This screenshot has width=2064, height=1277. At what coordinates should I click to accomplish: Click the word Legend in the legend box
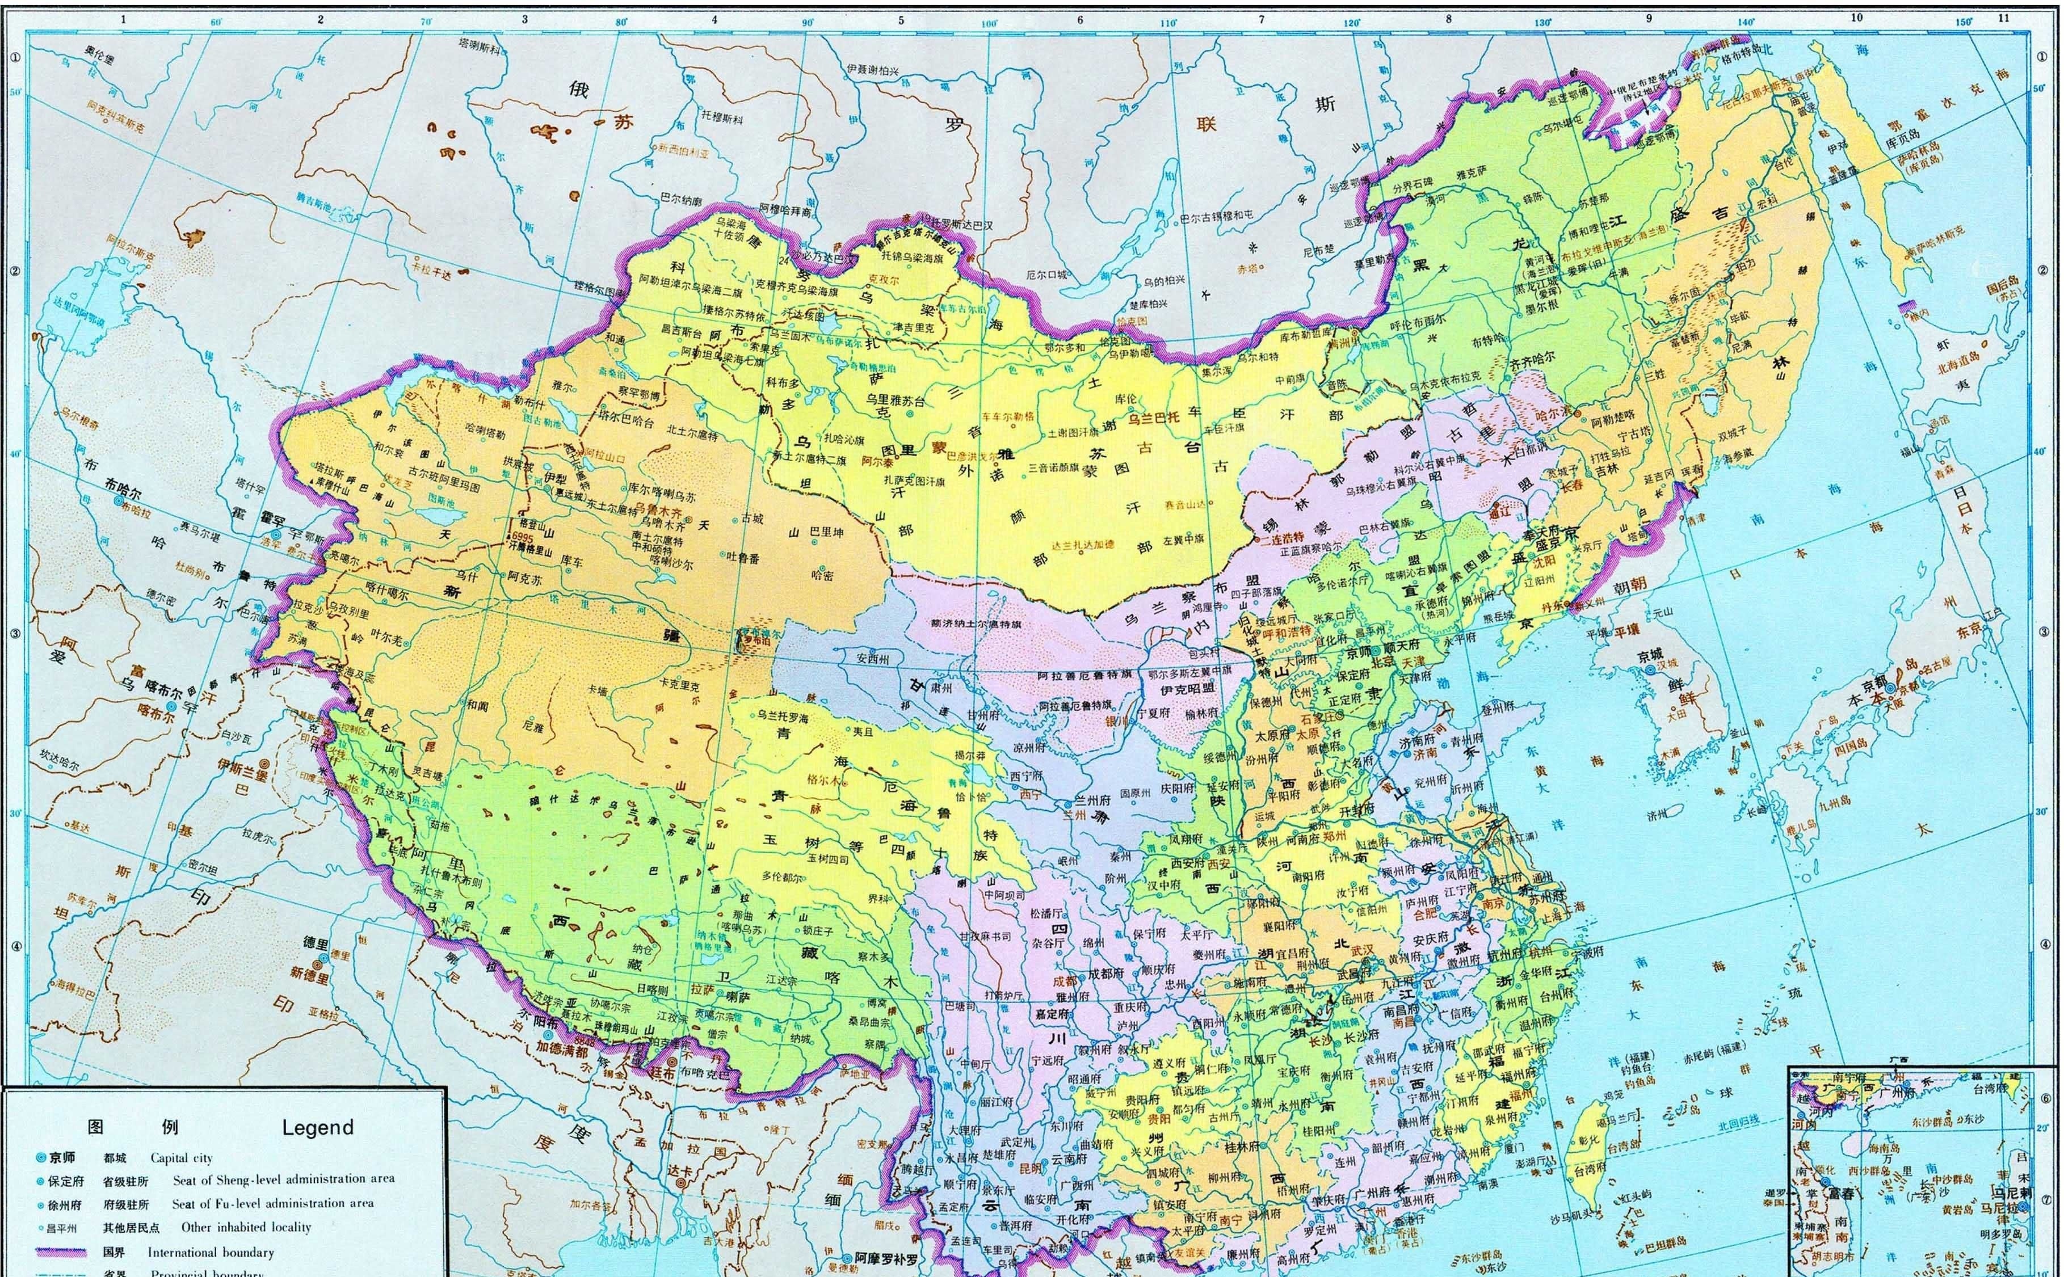click(318, 1127)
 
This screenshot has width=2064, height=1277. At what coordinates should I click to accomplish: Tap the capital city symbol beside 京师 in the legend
click(41, 1158)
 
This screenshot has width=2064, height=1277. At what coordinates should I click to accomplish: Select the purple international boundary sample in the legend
click(59, 1253)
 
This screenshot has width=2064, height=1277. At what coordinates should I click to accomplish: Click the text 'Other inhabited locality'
click(246, 1227)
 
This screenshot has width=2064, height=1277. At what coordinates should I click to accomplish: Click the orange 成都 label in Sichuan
click(1042, 983)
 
